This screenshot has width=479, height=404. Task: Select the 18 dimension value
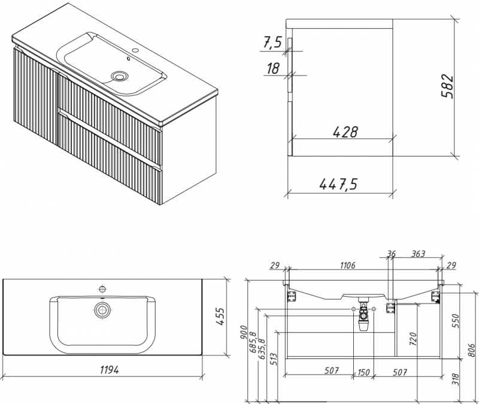(273, 69)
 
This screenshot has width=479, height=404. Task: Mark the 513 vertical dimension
(272, 358)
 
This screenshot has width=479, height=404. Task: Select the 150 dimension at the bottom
(363, 371)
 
